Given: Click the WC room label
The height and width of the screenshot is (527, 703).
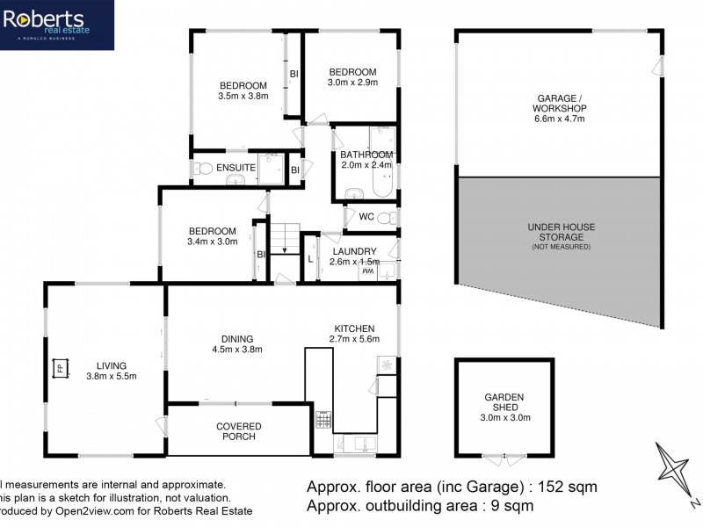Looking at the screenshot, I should [366, 217].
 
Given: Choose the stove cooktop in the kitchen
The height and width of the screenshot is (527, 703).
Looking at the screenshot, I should [323, 423].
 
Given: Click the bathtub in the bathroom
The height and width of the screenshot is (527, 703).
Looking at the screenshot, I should [384, 176].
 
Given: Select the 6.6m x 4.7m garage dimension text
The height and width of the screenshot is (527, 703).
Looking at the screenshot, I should [557, 119].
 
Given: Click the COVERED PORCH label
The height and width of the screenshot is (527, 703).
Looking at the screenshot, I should [238, 430].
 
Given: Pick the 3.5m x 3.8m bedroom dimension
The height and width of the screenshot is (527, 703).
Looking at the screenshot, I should [243, 97].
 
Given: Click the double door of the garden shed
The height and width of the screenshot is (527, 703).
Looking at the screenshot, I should [504, 458].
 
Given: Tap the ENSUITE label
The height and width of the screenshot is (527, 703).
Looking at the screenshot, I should [236, 167].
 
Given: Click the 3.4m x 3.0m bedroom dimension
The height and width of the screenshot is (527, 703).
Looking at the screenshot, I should [212, 242].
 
